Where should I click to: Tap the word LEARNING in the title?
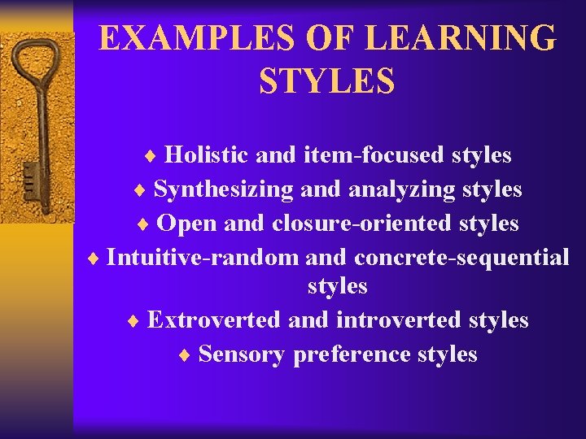pos(461,38)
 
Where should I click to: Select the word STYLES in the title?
pos(327,80)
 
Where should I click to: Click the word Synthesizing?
pos(223,189)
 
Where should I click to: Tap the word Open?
pos(185,223)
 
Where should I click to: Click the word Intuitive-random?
pos(203,258)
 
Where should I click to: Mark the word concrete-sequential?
pos(461,258)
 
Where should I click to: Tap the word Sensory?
pos(242,354)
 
